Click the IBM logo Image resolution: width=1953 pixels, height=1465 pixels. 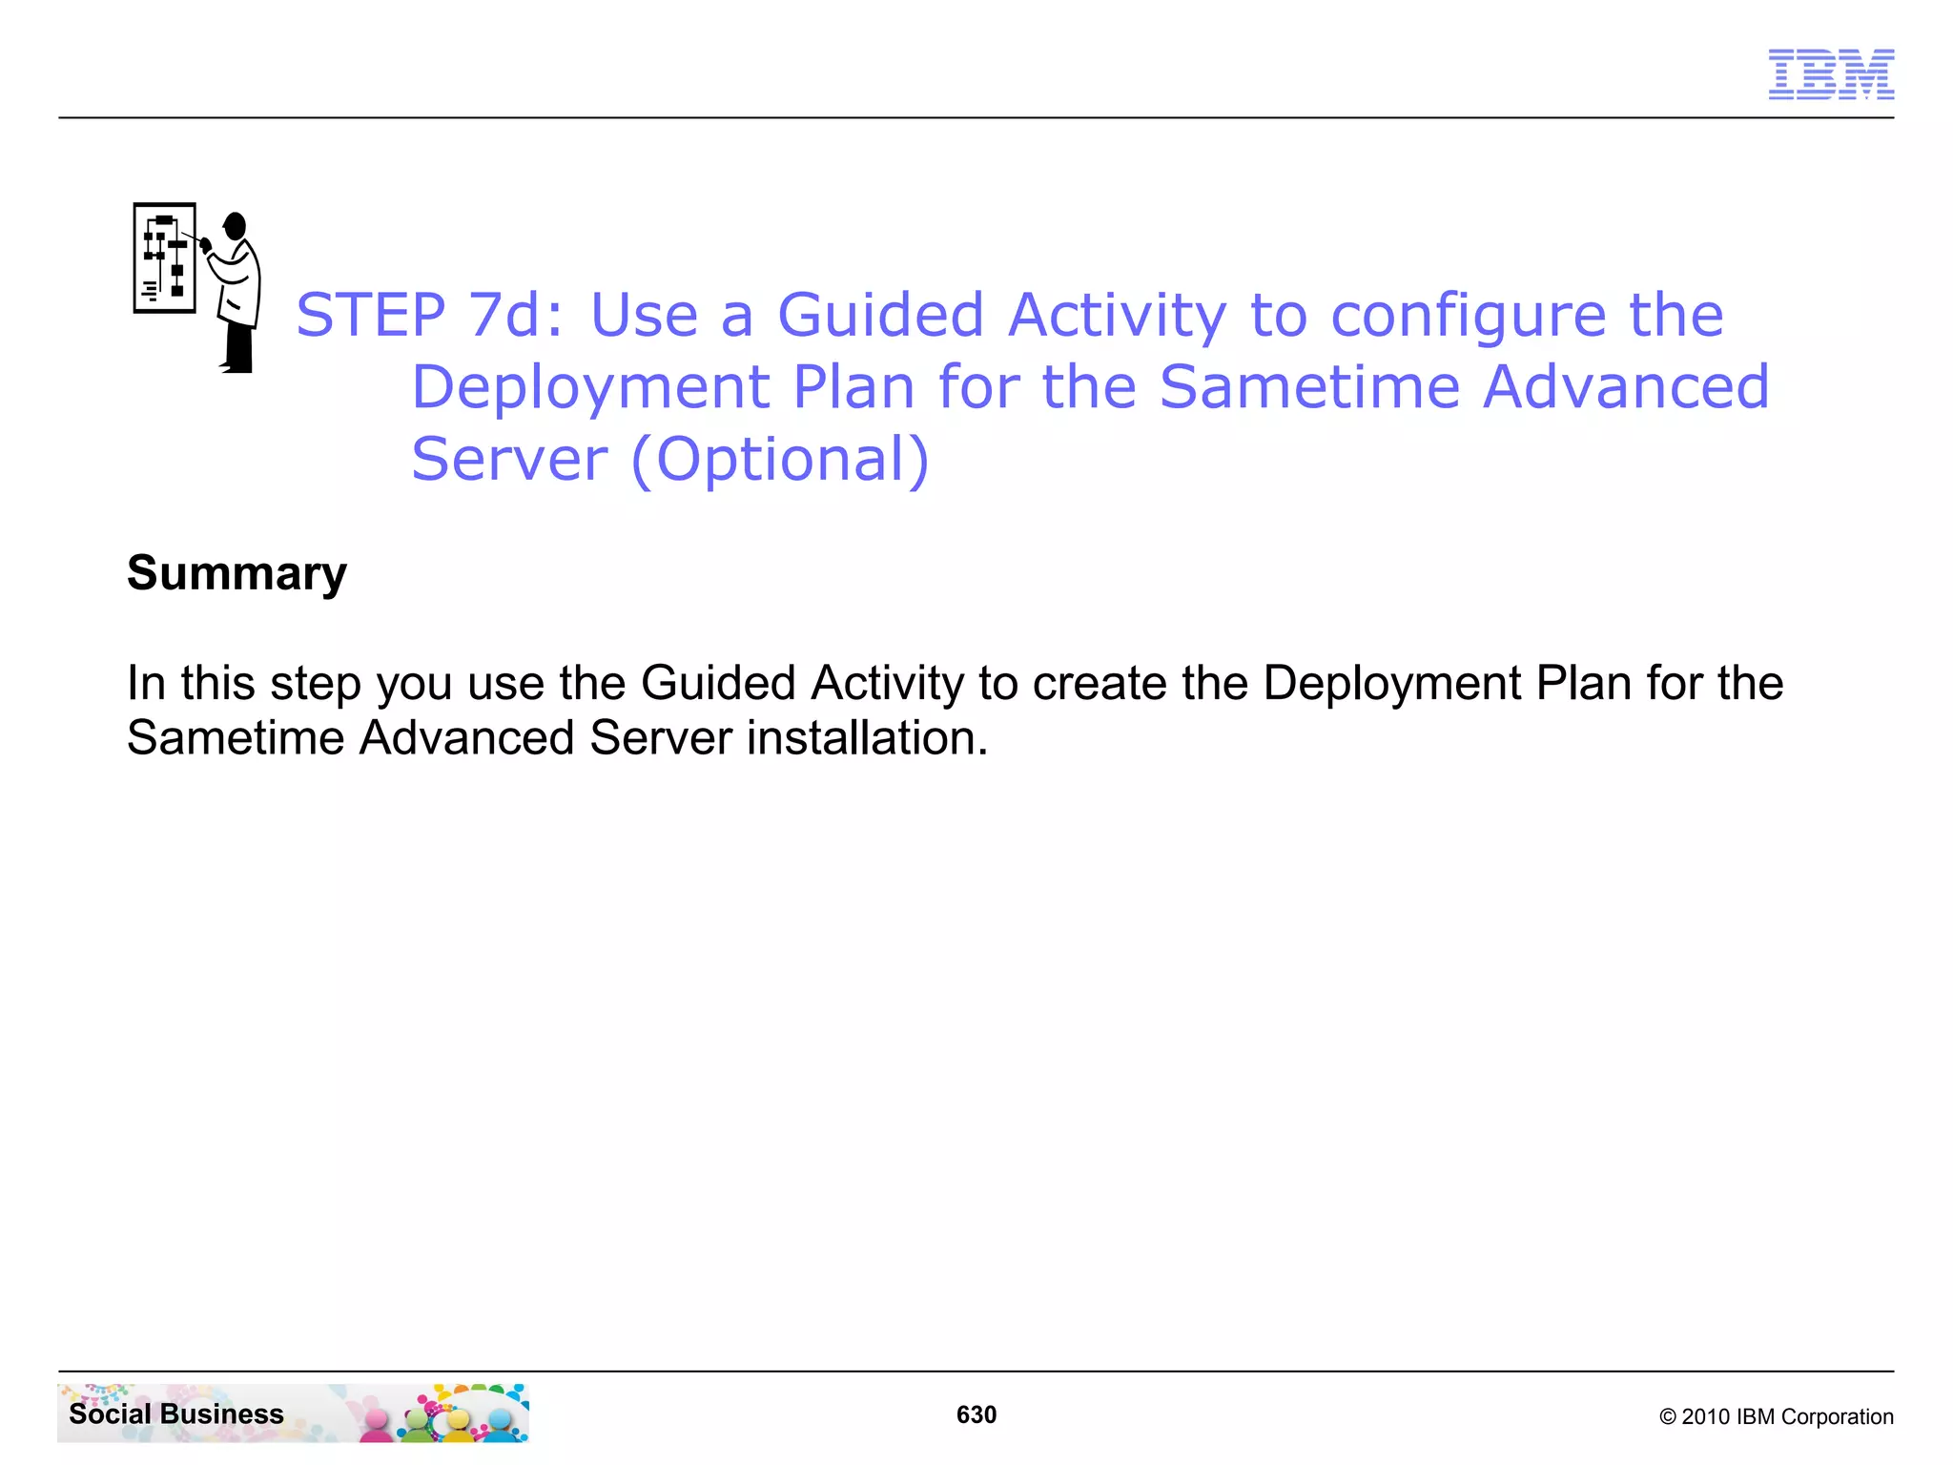[x=1830, y=74]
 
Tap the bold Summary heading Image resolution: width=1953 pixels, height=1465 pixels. [x=236, y=573]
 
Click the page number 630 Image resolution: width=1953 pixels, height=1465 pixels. [x=976, y=1414]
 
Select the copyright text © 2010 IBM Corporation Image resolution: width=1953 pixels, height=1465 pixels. [x=1776, y=1416]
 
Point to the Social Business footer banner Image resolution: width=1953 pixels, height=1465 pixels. [x=293, y=1413]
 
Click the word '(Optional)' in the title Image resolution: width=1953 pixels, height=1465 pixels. [x=779, y=460]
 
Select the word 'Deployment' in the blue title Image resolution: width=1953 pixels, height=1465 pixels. [x=590, y=387]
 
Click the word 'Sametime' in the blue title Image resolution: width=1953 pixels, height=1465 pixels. [x=1309, y=387]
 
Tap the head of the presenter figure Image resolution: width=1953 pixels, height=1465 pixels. [x=235, y=226]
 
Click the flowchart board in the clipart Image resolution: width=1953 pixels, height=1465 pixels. [x=165, y=258]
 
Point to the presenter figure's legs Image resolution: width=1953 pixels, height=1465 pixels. [x=239, y=349]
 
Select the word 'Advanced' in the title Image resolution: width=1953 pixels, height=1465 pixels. [x=1626, y=387]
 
